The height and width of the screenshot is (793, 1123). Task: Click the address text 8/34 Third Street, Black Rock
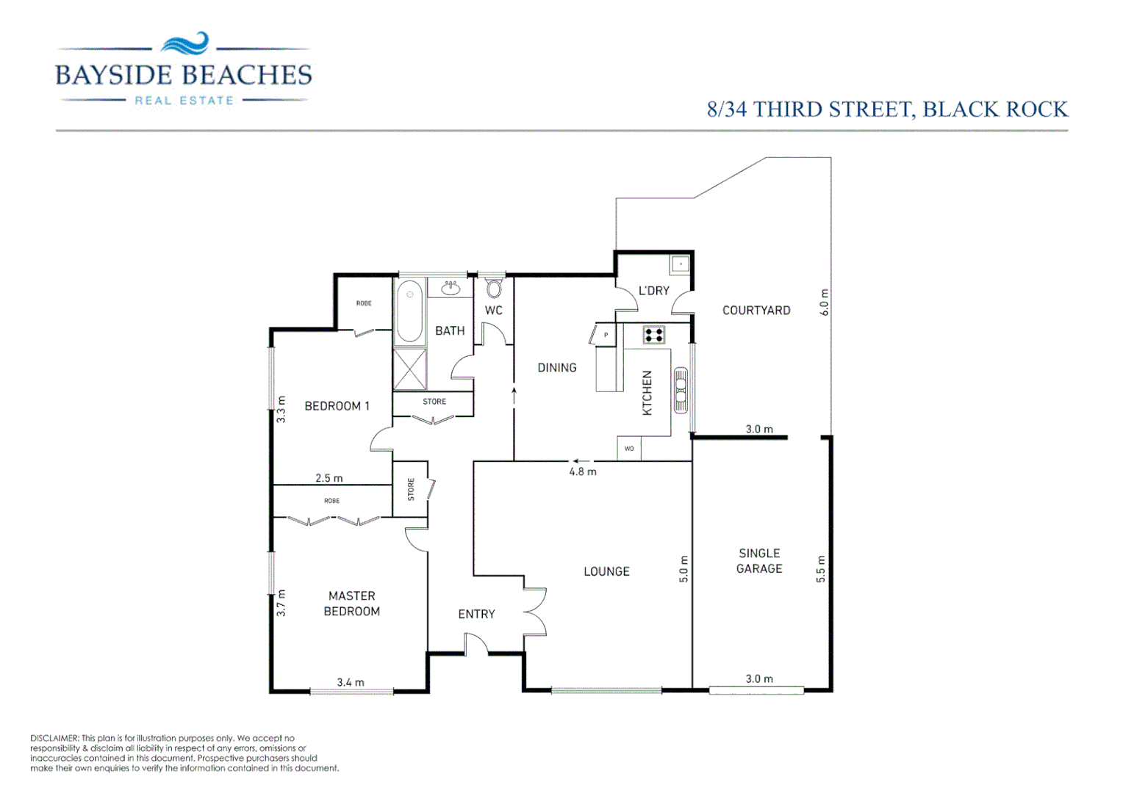pyautogui.click(x=886, y=109)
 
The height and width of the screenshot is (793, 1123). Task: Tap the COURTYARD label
pyautogui.click(x=756, y=311)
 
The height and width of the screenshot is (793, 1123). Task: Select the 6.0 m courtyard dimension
pyautogui.click(x=824, y=303)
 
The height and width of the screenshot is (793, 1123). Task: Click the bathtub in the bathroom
pyautogui.click(x=409, y=312)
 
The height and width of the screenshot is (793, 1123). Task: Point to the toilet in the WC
pyautogui.click(x=494, y=288)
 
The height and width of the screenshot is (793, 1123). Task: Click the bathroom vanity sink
pyautogui.click(x=451, y=288)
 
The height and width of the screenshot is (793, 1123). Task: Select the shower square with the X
pyautogui.click(x=409, y=369)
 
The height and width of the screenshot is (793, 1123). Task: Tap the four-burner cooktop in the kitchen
pyautogui.click(x=653, y=336)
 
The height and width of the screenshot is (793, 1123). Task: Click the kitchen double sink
pyautogui.click(x=681, y=390)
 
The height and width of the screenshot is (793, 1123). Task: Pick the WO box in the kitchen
pyautogui.click(x=629, y=449)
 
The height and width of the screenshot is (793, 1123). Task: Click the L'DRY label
pyautogui.click(x=653, y=291)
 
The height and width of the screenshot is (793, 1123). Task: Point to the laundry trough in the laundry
pyautogui.click(x=680, y=264)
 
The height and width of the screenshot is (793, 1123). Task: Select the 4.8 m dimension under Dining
pyautogui.click(x=583, y=471)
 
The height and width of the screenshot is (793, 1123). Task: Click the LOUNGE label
pyautogui.click(x=606, y=571)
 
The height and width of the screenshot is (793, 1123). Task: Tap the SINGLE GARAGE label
pyautogui.click(x=759, y=561)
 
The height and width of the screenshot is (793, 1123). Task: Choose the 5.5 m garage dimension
pyautogui.click(x=821, y=569)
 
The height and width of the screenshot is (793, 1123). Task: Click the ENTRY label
pyautogui.click(x=476, y=614)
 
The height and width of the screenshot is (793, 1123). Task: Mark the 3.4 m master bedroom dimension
pyautogui.click(x=351, y=682)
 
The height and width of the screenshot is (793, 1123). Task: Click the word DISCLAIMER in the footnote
pyautogui.click(x=54, y=738)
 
